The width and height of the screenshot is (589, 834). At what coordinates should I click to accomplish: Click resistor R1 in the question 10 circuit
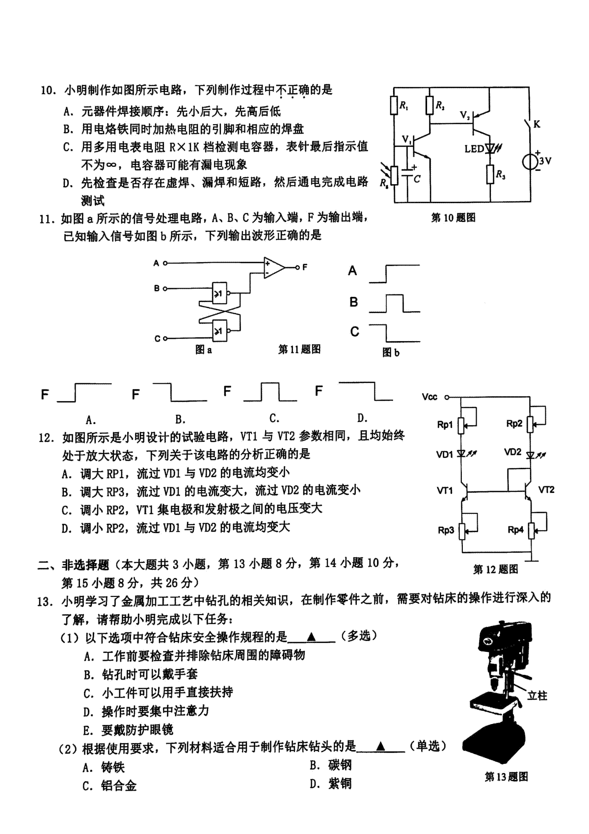point(394,105)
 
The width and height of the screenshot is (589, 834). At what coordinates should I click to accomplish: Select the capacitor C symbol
point(407,173)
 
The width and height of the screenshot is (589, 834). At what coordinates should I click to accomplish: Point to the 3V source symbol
point(530,161)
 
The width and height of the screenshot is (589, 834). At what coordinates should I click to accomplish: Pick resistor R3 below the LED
point(490,174)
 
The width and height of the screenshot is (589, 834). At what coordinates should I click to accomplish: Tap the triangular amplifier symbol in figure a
point(273,268)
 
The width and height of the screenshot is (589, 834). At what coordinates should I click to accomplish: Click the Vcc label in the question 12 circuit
point(429,396)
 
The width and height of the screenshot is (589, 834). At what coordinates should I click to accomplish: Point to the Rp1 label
point(445,425)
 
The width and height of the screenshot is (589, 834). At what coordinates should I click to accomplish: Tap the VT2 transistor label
point(546,489)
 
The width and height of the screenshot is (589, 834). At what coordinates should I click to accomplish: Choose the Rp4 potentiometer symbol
point(531,530)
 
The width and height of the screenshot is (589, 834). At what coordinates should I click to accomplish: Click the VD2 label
point(512,452)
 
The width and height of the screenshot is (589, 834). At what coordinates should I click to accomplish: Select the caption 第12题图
point(495,569)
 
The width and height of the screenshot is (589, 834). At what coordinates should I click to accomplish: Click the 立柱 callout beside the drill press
point(537,695)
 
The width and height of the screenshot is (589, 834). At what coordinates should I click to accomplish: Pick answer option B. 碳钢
point(331,765)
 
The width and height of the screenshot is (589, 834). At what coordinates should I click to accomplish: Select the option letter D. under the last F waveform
point(363,418)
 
